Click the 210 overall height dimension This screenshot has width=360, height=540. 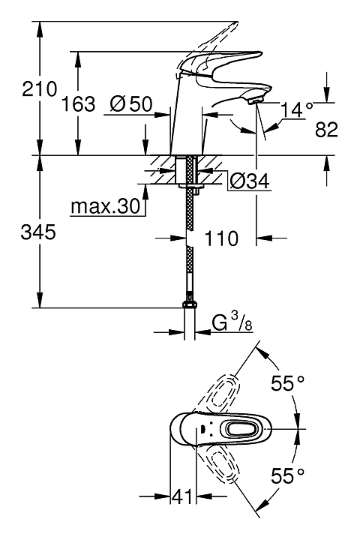tap(39, 89)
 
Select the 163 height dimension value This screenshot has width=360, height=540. tap(78, 104)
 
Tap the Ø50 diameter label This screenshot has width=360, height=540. tap(131, 103)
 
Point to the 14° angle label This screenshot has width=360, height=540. tap(297, 110)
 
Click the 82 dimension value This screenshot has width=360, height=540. tap(326, 130)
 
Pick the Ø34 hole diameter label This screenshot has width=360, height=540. tap(249, 181)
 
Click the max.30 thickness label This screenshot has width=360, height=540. tap(106, 206)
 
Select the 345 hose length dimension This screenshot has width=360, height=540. tap(38, 232)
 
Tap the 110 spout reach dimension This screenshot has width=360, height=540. tap(221, 238)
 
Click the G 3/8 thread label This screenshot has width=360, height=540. tap(232, 323)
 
